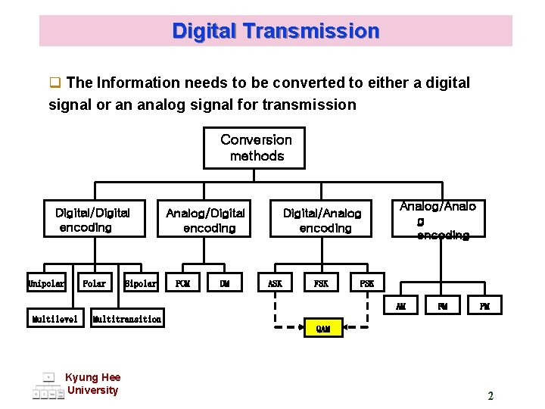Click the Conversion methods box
(x=254, y=148)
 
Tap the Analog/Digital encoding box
(x=206, y=220)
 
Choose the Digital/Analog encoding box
(x=322, y=220)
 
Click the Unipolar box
(x=46, y=284)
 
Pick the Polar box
(x=95, y=284)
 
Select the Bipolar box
(x=141, y=284)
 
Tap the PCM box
(x=182, y=284)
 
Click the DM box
(x=225, y=284)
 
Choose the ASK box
(x=275, y=284)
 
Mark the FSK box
(x=321, y=284)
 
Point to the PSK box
(x=367, y=284)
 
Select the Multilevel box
(x=54, y=319)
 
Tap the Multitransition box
(x=126, y=319)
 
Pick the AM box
(x=400, y=306)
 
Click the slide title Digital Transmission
(x=276, y=31)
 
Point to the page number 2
(x=490, y=395)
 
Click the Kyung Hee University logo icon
(x=48, y=386)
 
